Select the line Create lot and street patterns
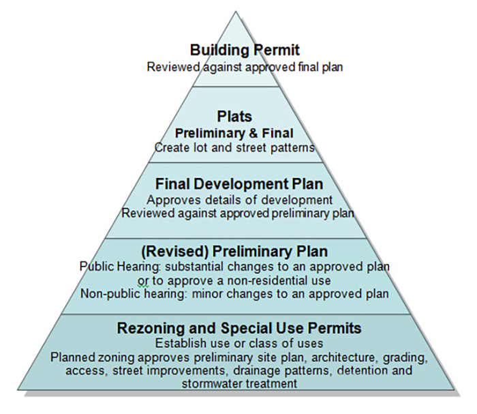234,147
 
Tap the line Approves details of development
239,200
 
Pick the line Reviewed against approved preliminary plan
238,213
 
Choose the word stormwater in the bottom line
215,384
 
